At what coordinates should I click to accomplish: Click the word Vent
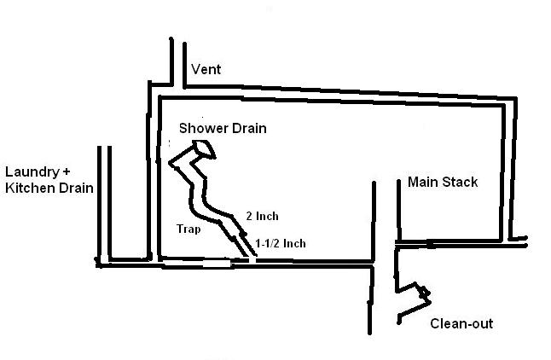click(207, 69)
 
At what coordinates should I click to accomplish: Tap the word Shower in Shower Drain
click(202, 129)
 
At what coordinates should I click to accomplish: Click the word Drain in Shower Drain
click(248, 129)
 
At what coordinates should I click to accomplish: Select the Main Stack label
click(443, 182)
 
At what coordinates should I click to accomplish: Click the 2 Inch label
click(262, 216)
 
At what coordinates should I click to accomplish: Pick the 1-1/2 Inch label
click(281, 243)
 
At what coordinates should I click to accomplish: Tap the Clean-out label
click(461, 324)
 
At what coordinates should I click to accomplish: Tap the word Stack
click(461, 182)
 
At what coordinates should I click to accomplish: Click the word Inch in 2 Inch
click(267, 216)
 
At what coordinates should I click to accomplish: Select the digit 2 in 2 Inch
click(248, 216)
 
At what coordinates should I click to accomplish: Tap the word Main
click(423, 182)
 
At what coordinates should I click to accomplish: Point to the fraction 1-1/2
click(268, 243)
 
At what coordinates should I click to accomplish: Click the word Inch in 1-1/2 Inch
click(295, 243)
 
